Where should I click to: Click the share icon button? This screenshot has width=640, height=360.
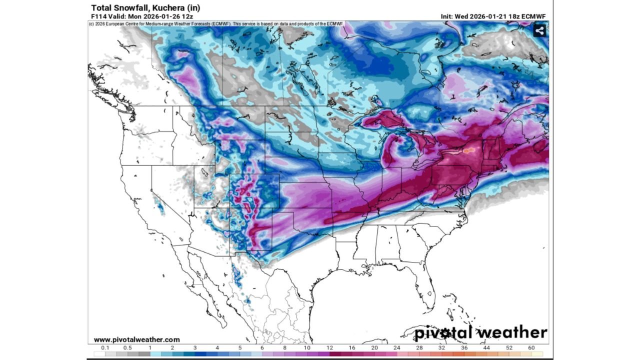(x=539, y=30)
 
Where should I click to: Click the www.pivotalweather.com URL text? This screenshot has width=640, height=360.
(x=136, y=339)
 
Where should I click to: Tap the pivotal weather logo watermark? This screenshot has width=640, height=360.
(x=481, y=332)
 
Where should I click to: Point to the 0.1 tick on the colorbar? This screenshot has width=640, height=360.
(x=105, y=347)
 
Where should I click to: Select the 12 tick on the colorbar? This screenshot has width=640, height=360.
(x=330, y=347)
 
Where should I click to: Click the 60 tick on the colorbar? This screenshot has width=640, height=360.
(x=531, y=347)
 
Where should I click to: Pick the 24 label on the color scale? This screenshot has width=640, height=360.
(x=396, y=347)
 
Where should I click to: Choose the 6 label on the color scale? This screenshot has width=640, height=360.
(x=262, y=347)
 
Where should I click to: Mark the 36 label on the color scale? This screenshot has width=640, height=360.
(x=464, y=347)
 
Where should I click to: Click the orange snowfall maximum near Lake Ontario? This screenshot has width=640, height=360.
(x=467, y=149)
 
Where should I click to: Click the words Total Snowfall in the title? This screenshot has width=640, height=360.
(x=115, y=7)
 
